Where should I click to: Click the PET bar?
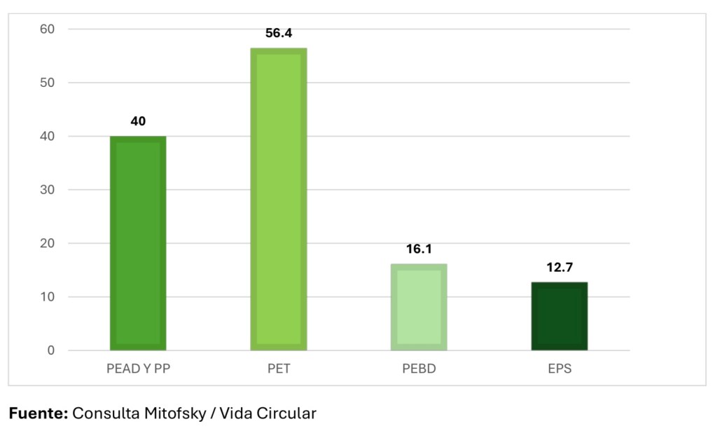point(279,199)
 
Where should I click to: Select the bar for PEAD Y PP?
point(138,243)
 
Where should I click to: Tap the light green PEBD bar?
point(419,307)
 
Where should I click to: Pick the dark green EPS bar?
point(559,316)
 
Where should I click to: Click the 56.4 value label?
point(279,33)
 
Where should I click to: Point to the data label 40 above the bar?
point(138,121)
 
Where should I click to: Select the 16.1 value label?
point(419,249)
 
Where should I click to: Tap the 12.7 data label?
point(559,267)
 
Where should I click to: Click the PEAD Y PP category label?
point(138,369)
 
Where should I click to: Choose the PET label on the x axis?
point(279,369)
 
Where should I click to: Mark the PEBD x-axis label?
point(419,369)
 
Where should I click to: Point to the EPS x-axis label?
point(559,369)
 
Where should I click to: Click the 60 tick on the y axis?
point(48,29)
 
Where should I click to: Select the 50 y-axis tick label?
point(48,83)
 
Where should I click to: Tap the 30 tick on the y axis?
point(48,190)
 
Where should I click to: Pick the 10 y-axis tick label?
point(48,297)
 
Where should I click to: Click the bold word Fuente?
point(38,413)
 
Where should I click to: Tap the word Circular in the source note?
point(288,413)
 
